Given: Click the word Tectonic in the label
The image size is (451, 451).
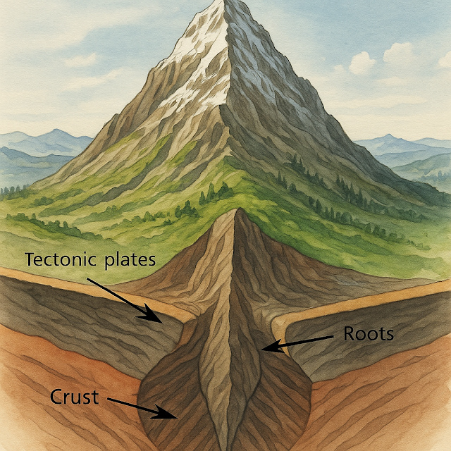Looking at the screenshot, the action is tap(58, 260).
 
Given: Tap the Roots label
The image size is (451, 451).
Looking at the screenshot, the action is tap(368, 334).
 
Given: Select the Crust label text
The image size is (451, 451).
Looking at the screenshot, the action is tap(73, 397).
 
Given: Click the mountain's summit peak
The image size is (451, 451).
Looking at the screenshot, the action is tap(227, 6).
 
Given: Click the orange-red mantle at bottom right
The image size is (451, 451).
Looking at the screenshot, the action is tap(395, 416).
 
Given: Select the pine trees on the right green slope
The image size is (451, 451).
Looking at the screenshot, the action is tap(331, 190).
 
